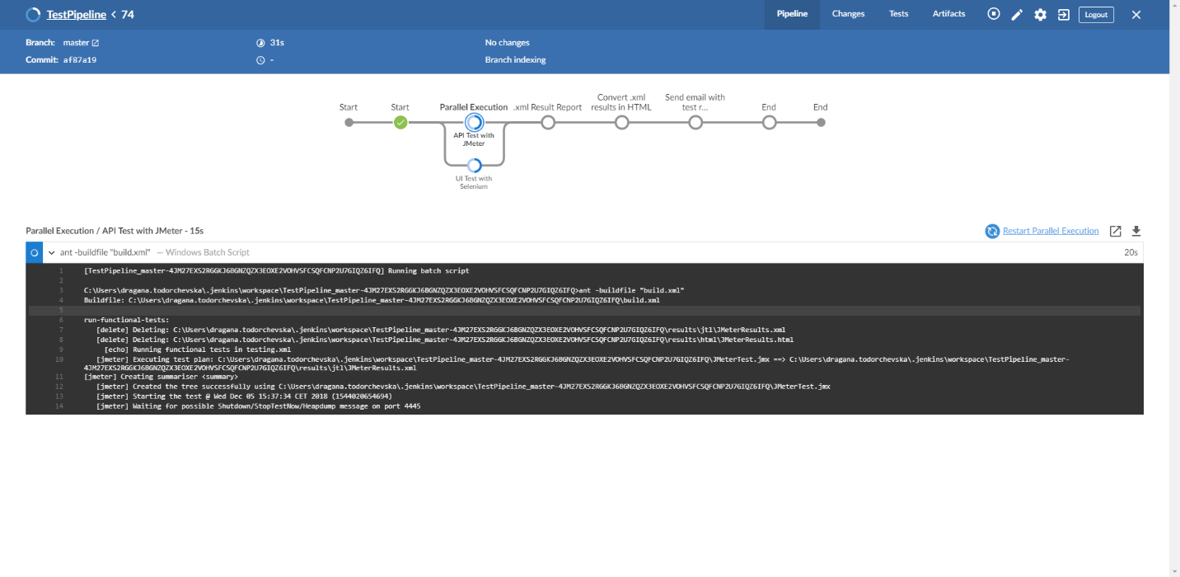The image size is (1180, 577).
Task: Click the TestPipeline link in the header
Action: (x=77, y=15)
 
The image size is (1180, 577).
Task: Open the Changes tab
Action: (x=848, y=14)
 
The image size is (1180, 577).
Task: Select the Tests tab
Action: (x=899, y=14)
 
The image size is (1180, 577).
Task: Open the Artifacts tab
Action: (x=948, y=14)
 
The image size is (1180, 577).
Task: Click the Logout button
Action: (x=1096, y=15)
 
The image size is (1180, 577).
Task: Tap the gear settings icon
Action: (x=1040, y=15)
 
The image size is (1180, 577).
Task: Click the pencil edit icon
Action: (x=1017, y=15)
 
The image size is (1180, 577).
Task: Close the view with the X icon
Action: (x=1136, y=15)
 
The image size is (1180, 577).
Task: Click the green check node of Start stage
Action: (x=400, y=123)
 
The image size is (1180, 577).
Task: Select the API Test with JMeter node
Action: (x=474, y=122)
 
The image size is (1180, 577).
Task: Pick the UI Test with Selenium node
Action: (x=474, y=166)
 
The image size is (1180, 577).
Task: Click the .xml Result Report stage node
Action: (x=548, y=123)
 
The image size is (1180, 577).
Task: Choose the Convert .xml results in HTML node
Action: (x=621, y=123)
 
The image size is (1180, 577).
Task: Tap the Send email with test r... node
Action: (x=695, y=123)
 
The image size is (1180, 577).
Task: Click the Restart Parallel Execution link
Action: (x=1051, y=231)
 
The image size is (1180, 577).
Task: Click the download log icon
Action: (x=1136, y=231)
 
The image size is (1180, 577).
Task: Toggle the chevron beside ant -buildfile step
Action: (x=52, y=252)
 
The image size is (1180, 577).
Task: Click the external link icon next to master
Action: (x=96, y=43)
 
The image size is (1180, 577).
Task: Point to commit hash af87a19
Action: (x=80, y=60)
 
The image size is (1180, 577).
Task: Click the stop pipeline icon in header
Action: (x=994, y=14)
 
